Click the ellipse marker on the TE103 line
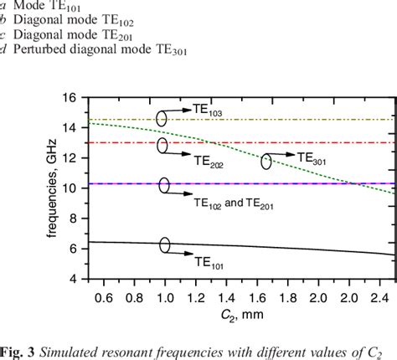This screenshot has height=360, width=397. click(x=162, y=118)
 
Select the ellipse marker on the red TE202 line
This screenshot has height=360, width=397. click(x=162, y=146)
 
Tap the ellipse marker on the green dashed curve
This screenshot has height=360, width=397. click(x=266, y=162)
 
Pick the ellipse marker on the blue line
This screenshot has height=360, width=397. click(x=164, y=185)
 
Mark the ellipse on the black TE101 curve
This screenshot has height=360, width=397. click(x=165, y=244)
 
